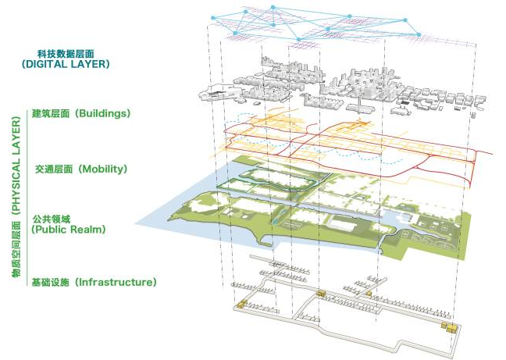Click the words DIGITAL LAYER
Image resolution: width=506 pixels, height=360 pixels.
click(66, 64)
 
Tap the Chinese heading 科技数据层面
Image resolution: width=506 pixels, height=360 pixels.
click(66, 54)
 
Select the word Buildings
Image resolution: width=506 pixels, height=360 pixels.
click(104, 113)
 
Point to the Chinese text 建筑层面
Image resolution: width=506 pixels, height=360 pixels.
click(51, 113)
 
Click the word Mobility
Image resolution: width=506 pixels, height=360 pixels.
click(103, 169)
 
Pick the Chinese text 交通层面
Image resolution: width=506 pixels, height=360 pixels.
click(54, 169)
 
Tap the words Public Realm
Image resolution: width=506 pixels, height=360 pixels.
click(69, 230)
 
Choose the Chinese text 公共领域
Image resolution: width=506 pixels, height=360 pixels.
click(52, 219)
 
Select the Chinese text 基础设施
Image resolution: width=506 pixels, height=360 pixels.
click(51, 282)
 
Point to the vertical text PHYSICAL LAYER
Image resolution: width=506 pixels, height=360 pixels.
click(16, 166)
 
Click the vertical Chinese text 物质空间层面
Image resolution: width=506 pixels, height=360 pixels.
click(16, 249)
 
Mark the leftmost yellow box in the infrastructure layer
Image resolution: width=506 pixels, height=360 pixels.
click(242, 304)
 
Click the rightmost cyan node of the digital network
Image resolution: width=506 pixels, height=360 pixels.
click(419, 34)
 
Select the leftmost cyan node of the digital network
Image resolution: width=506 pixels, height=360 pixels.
click(212, 18)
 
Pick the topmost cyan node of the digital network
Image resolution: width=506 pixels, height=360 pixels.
click(273, 7)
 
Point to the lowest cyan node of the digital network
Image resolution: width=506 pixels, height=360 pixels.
click(299, 40)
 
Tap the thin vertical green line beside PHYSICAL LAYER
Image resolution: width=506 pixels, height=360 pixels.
click(27, 198)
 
